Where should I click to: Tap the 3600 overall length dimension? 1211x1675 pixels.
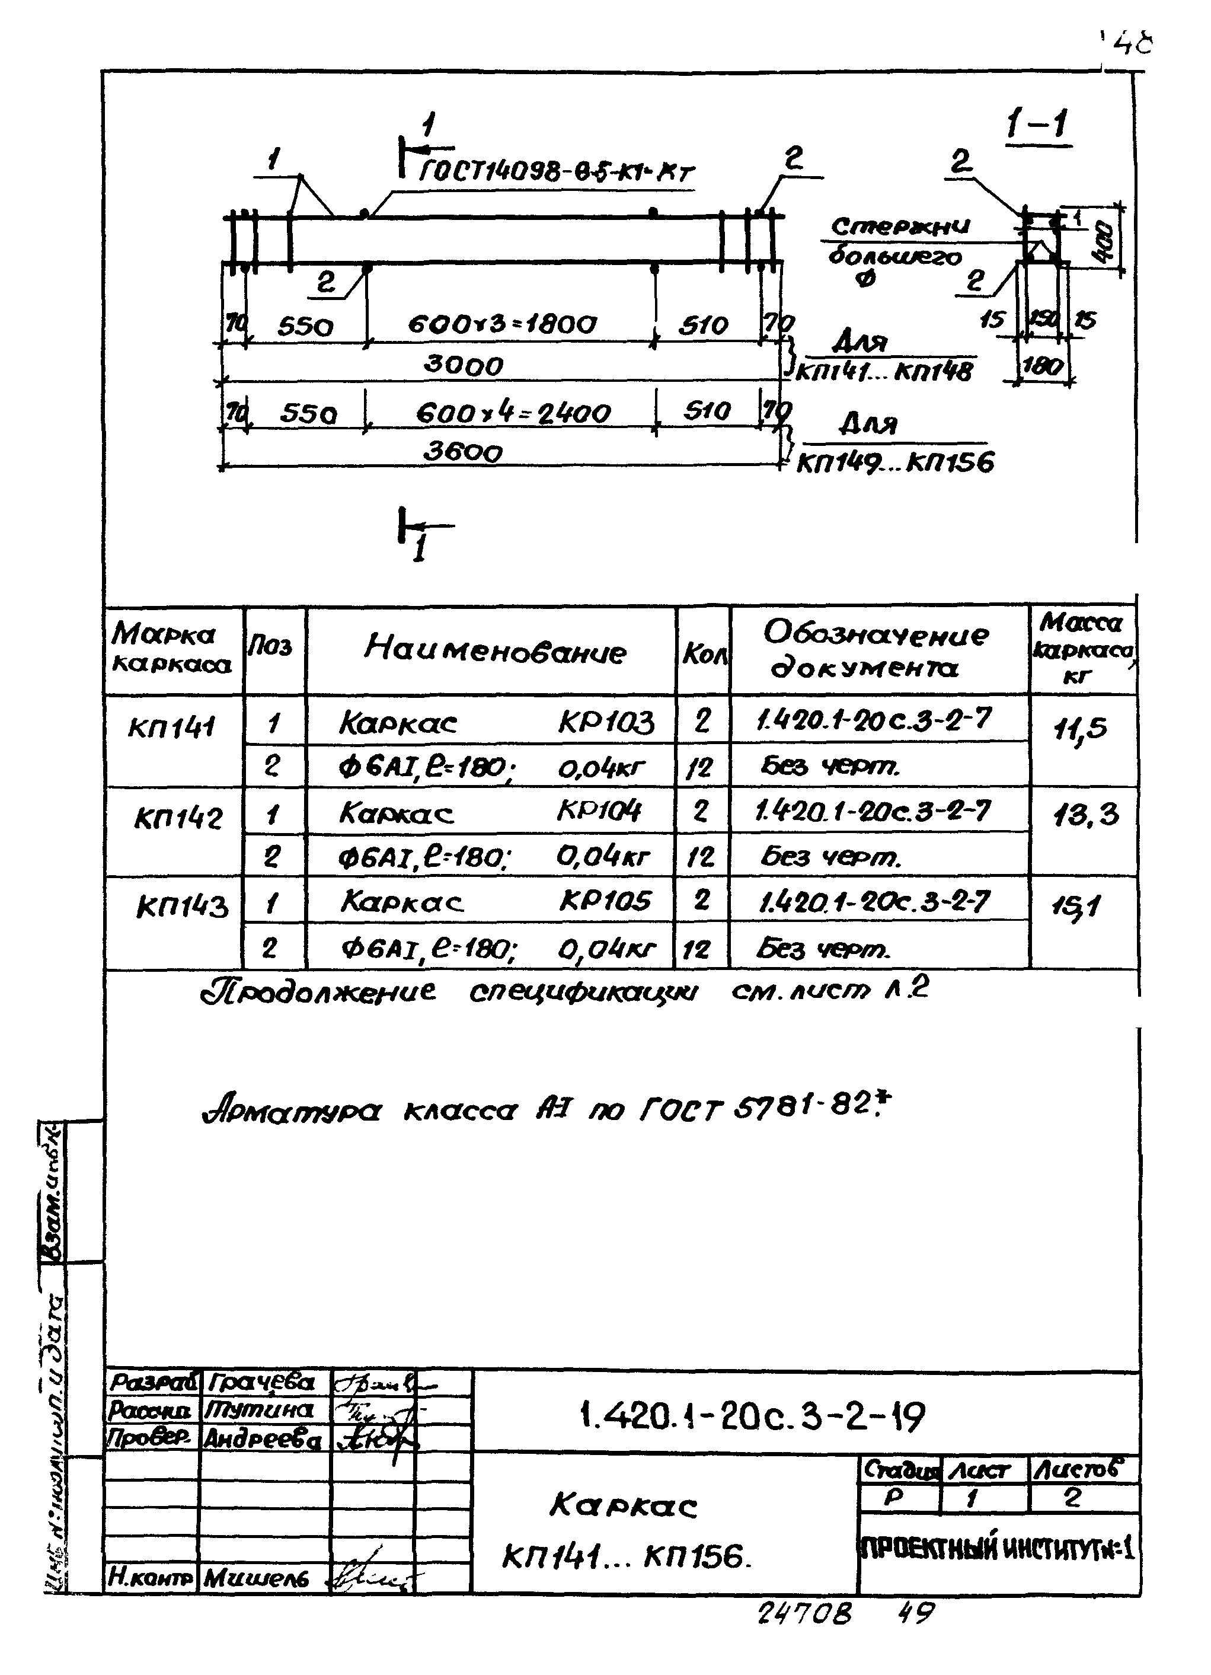pyautogui.click(x=463, y=451)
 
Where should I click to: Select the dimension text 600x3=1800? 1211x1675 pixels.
pyautogui.click(x=502, y=324)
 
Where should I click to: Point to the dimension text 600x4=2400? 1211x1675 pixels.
pyautogui.click(x=513, y=412)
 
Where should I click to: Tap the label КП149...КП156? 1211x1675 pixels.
pyautogui.click(x=895, y=463)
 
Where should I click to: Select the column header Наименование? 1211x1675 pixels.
pyautogui.click(x=495, y=649)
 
